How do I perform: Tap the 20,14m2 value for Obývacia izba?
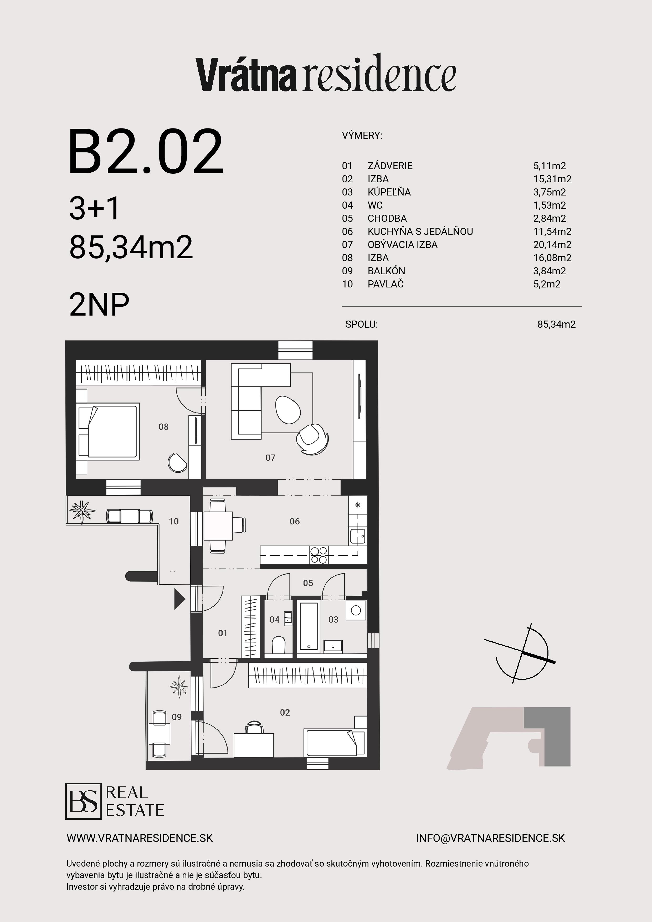[552, 245]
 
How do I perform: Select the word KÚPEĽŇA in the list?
[389, 192]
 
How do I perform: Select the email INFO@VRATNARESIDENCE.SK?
[490, 838]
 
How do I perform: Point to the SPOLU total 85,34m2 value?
[556, 324]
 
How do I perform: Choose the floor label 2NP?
[99, 304]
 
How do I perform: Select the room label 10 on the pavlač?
[173, 521]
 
